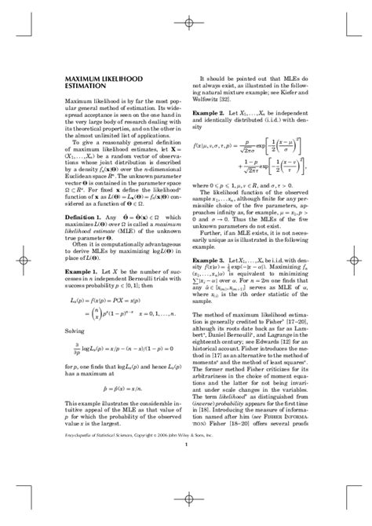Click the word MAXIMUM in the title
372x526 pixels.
(83, 79)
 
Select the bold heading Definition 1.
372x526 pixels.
(83, 237)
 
